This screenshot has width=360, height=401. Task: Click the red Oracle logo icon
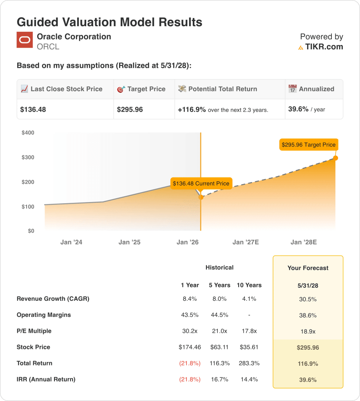point(24,40)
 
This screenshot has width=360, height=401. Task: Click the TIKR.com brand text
point(324,47)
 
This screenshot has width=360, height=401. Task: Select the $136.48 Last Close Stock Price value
point(33,110)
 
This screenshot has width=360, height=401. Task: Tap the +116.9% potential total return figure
point(192,110)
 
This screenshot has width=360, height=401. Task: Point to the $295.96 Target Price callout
point(308,145)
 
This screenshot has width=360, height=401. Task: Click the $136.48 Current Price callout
point(201,183)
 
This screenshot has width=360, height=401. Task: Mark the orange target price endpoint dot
point(335,158)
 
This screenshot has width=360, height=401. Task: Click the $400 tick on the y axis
point(28,133)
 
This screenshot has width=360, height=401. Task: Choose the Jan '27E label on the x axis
point(246,242)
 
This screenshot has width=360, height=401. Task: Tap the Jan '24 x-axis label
point(71,242)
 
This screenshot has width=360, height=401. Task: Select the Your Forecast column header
point(308,268)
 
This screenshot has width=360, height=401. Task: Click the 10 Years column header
point(249,285)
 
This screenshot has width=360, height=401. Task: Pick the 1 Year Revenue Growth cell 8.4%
point(190,299)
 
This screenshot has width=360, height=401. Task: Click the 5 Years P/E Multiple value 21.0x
point(219,331)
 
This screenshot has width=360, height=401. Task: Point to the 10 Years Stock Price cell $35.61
point(249,347)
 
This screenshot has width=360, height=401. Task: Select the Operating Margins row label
point(44,315)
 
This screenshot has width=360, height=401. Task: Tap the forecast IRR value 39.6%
point(308,380)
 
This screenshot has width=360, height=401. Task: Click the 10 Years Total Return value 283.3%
point(249,363)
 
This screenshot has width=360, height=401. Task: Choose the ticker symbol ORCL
point(48,47)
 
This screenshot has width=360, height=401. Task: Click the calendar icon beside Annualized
point(293,89)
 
